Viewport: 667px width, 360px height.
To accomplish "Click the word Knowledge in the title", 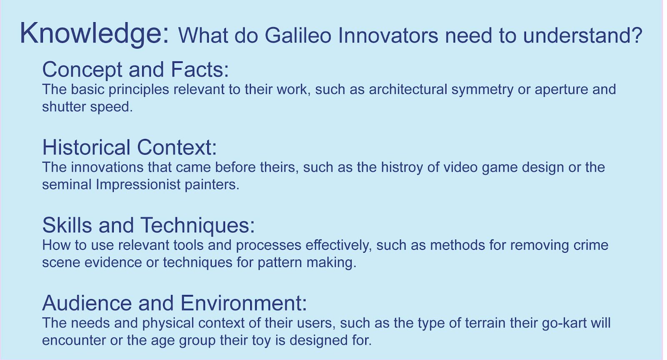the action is click(94, 34).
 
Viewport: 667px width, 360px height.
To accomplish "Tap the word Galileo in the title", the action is click(298, 35).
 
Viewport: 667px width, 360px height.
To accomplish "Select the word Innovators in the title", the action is click(388, 35).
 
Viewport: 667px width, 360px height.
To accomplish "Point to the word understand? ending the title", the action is click(583, 35).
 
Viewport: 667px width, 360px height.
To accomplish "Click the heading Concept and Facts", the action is click(135, 70).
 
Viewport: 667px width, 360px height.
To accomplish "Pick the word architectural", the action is click(408, 89).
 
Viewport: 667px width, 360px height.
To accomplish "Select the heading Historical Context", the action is click(130, 147).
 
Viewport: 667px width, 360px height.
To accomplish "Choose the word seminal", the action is click(67, 184).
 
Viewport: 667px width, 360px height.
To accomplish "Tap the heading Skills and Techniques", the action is click(148, 225).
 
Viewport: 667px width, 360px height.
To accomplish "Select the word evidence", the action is click(113, 262).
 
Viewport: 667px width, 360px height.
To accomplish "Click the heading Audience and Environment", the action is click(175, 303).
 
